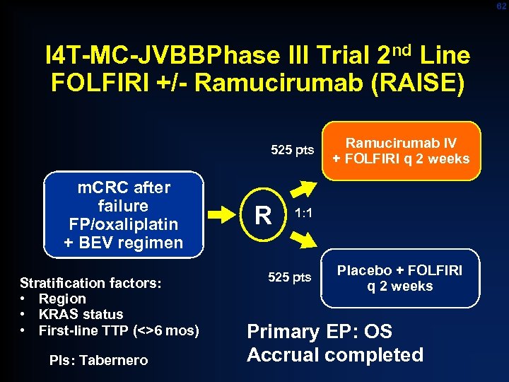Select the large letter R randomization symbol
[263, 214]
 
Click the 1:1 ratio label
[304, 212]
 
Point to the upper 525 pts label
[292, 149]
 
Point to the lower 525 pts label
[290, 277]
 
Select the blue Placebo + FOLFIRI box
[399, 279]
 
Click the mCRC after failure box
[123, 215]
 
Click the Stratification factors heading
[90, 283]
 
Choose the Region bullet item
[62, 299]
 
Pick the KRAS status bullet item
[81, 314]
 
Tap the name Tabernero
[114, 360]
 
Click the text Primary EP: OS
[319, 332]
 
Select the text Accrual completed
[335, 354]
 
